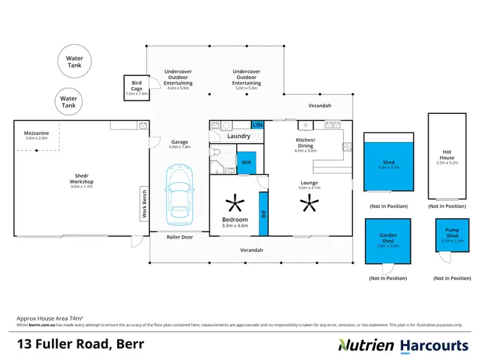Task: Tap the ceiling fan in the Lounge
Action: [x=310, y=205]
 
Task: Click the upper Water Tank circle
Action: [x=75, y=62]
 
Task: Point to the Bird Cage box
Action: [x=136, y=88]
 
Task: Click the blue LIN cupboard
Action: [x=258, y=125]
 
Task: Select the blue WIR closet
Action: [x=246, y=162]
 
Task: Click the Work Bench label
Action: [x=145, y=204]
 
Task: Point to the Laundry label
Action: [x=239, y=136]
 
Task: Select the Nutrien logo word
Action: [x=366, y=345]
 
